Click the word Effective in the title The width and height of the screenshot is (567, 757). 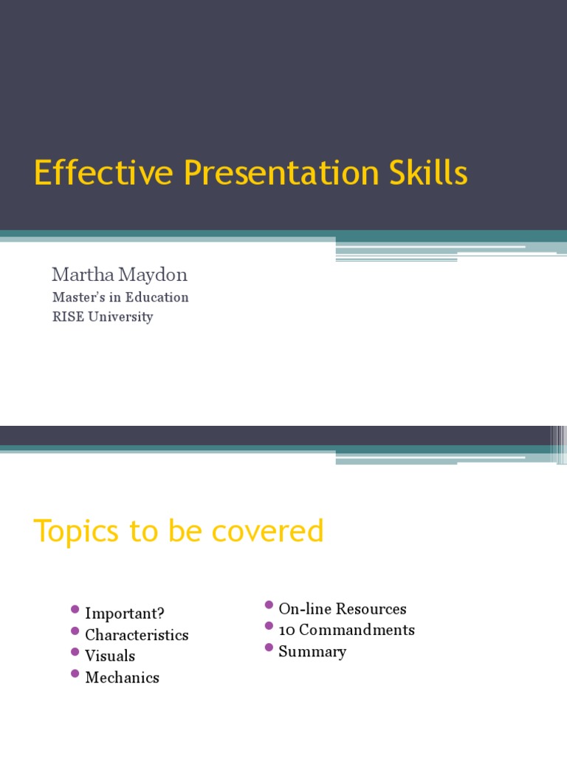tap(104, 174)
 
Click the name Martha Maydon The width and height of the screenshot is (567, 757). tap(119, 275)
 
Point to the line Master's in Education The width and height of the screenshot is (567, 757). tap(120, 297)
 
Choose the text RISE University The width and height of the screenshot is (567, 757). tap(102, 316)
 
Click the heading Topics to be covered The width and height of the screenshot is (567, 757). tap(179, 531)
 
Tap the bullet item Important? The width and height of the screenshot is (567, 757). tap(125, 614)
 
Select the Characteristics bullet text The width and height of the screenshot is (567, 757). tap(137, 635)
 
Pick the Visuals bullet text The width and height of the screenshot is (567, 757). tap(110, 656)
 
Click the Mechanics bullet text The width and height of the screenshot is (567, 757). tap(122, 677)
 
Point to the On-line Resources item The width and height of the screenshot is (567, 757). tap(343, 609)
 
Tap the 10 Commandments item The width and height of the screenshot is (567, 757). tap(346, 630)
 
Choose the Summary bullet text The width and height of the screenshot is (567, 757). tap(312, 651)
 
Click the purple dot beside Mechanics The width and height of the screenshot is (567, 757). tap(75, 673)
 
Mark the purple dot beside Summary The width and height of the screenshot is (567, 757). tap(269, 648)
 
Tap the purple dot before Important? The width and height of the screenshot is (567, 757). tap(75, 610)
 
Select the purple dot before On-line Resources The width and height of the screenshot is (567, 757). tap(269, 605)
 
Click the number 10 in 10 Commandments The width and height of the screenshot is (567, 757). tap(287, 630)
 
